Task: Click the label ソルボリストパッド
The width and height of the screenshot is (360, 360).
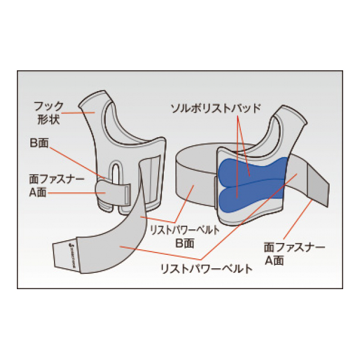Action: pos(216,109)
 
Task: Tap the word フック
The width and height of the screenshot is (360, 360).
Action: pos(48,106)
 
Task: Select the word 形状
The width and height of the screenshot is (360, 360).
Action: pos(49,119)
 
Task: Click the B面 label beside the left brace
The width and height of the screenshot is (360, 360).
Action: pos(39,143)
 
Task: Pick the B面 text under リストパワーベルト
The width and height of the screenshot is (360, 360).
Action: pos(184,243)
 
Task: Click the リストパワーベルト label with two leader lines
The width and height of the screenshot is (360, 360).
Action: pos(206,269)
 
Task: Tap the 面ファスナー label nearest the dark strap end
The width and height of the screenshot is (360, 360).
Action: pos(294,247)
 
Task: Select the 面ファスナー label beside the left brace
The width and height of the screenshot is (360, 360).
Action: pos(57,179)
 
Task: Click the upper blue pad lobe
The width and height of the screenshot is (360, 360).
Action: pos(253,169)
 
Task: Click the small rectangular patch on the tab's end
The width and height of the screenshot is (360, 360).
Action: pos(127,195)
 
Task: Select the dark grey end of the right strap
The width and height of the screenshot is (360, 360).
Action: pos(318,185)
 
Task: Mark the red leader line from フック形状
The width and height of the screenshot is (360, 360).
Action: pos(78,113)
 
